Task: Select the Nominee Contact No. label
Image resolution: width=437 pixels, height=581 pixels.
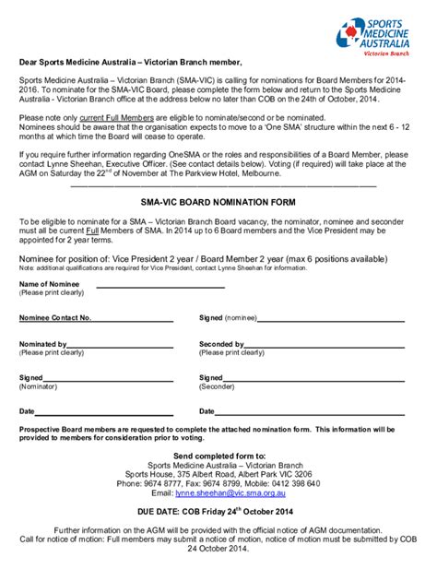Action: coord(56,317)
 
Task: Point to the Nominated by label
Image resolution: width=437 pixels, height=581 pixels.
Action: coord(43,344)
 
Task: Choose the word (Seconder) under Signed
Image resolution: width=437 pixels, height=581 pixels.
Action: coord(218,386)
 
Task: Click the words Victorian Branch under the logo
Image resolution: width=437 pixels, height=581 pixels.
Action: coord(390,53)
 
